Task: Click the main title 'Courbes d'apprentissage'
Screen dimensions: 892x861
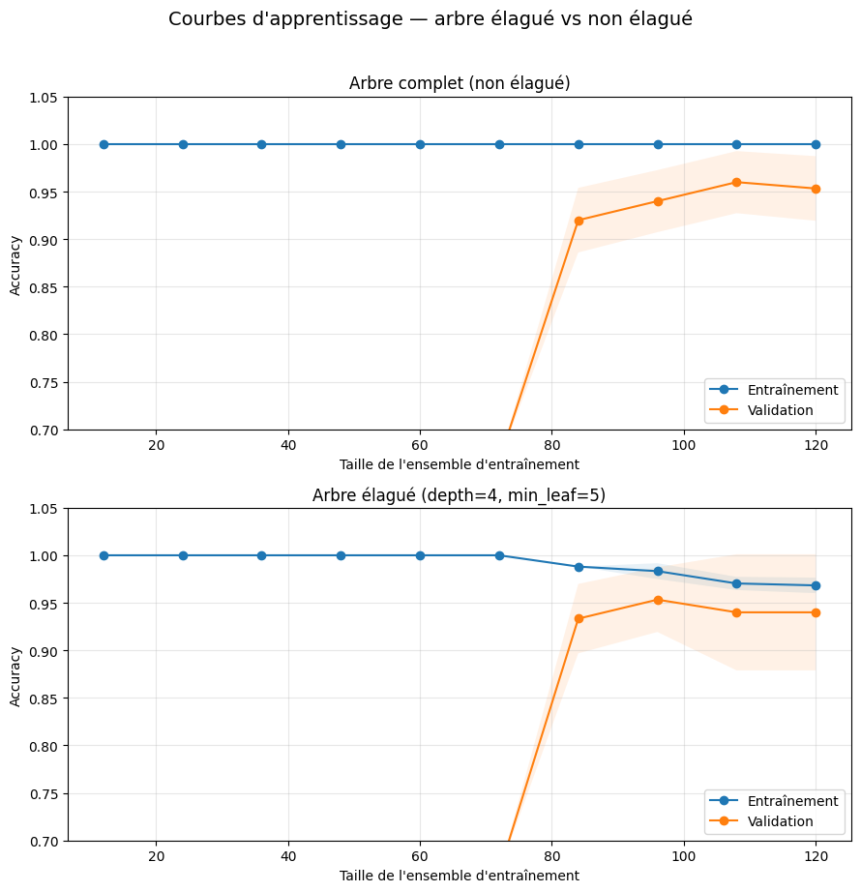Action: click(x=430, y=19)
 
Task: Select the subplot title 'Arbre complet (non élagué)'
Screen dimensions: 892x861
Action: click(x=460, y=83)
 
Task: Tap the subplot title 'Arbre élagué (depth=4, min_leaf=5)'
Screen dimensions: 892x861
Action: click(x=460, y=495)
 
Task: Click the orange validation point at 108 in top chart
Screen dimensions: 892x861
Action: click(x=736, y=182)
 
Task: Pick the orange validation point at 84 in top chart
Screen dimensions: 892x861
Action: click(x=579, y=221)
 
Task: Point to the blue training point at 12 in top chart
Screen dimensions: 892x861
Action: click(x=104, y=144)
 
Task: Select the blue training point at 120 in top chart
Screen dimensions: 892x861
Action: click(x=816, y=144)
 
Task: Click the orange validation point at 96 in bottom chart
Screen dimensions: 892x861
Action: click(x=658, y=600)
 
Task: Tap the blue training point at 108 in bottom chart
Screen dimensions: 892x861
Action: click(x=736, y=583)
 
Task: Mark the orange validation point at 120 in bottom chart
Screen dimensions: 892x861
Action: click(x=816, y=612)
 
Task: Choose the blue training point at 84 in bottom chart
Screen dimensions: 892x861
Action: click(x=579, y=567)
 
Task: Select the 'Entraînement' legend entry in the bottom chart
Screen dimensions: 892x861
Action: click(x=792, y=801)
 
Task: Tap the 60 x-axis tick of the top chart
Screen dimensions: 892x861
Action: click(x=420, y=445)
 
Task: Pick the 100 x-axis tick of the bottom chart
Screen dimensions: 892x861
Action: click(x=684, y=857)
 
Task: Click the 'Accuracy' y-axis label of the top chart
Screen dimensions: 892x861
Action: click(x=15, y=263)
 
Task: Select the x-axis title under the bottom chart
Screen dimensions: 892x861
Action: click(x=460, y=876)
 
